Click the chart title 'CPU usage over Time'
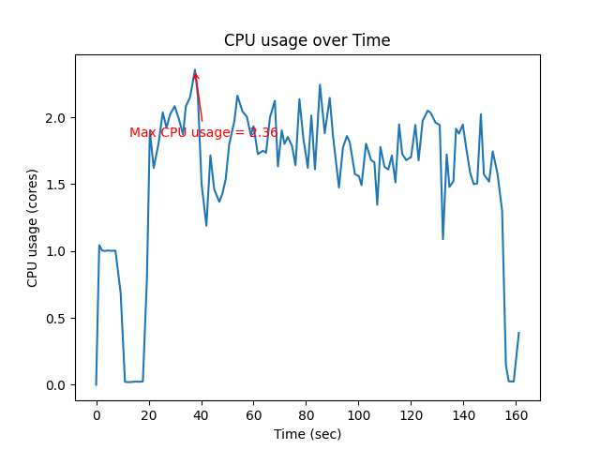coord(307,40)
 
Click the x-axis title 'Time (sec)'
coord(307,434)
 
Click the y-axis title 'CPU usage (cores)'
coord(33,228)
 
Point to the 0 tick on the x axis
coord(97,415)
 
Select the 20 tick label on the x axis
coord(148,415)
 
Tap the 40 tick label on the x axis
coord(201,415)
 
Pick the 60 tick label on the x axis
coord(253,415)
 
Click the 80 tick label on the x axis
coord(306,415)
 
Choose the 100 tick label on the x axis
coord(358,415)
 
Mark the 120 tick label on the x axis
coord(411,415)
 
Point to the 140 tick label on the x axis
coord(463,415)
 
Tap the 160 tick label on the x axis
coord(516,415)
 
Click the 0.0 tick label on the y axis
coord(57,385)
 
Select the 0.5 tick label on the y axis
coord(57,319)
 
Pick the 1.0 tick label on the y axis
coord(57,251)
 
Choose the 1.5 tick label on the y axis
coord(57,185)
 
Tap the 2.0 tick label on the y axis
coord(57,118)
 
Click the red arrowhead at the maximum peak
coord(196,75)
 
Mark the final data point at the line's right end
coord(518,333)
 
